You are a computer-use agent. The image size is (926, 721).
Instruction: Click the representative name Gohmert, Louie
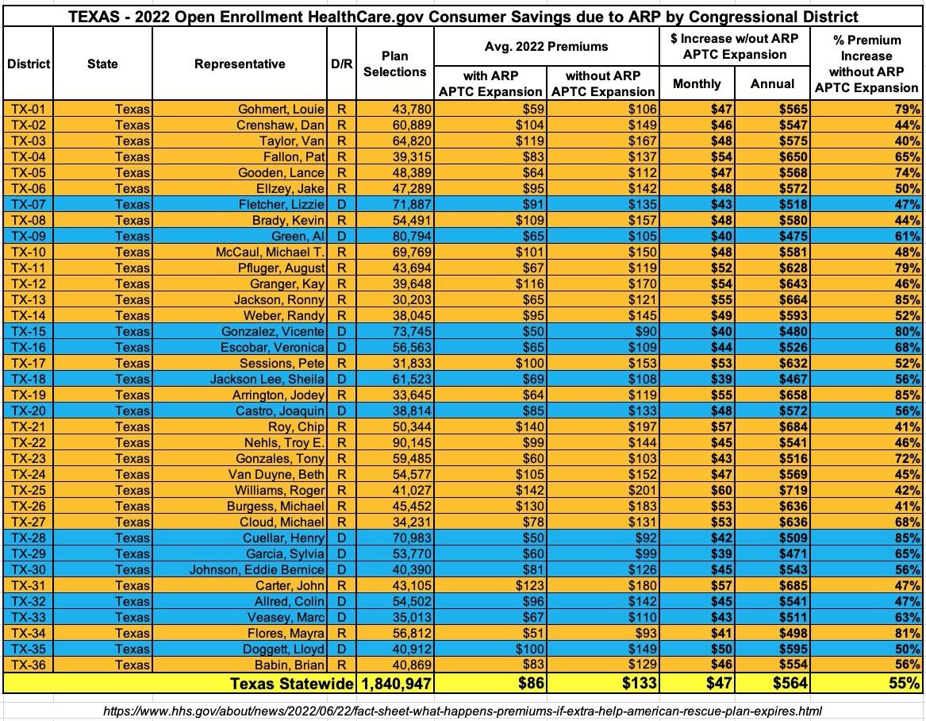pos(281,110)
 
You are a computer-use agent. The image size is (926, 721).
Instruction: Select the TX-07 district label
pos(28,205)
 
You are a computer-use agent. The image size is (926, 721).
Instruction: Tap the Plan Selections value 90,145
pos(412,442)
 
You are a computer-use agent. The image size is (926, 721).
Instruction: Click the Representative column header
pos(240,64)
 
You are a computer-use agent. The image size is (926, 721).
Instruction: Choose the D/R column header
pos(341,64)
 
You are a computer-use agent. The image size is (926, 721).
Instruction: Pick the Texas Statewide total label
pos(291,684)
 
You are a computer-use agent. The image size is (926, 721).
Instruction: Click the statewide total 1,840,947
pos(396,684)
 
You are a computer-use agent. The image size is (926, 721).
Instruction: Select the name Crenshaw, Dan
pos(280,125)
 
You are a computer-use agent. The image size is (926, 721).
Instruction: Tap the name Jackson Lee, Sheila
pos(267,380)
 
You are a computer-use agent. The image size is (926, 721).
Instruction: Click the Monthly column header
pos(697,83)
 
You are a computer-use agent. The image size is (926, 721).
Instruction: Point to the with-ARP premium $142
pos(530,491)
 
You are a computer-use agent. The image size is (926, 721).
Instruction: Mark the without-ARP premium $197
pos(643,426)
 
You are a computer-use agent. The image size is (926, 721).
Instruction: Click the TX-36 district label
pos(28,665)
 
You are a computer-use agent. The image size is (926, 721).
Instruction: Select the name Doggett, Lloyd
pos(283,649)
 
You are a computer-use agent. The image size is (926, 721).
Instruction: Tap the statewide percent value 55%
pos(904,684)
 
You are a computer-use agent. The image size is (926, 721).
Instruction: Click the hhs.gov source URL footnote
pos(463,711)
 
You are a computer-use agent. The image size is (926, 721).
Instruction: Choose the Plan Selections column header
pos(395,64)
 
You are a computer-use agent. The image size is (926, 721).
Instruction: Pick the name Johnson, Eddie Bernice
pos(257,569)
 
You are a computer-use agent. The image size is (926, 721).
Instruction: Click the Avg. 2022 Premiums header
pos(546,46)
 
